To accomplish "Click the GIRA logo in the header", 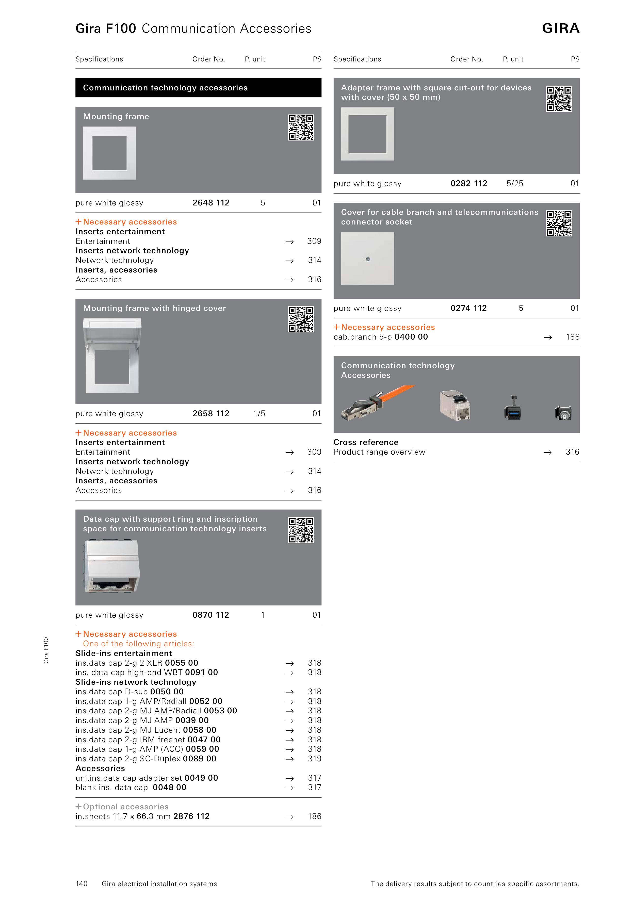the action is [x=561, y=28].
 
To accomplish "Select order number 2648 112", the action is [x=211, y=203].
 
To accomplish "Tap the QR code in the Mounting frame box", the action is [x=301, y=127].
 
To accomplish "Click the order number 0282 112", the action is [x=469, y=184].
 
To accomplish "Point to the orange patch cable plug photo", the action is [x=377, y=402].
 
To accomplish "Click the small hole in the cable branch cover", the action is [x=368, y=259].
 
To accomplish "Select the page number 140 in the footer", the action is [x=82, y=884].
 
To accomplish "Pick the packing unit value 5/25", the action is [x=515, y=184].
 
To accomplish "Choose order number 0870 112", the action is [x=211, y=615].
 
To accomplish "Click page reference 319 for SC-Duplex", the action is [x=314, y=759].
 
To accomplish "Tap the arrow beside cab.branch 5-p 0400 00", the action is [x=548, y=337].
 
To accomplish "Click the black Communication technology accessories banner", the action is [x=199, y=88].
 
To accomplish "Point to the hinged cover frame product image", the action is [x=112, y=356].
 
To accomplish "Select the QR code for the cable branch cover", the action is [x=559, y=223].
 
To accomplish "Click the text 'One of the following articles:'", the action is [x=139, y=644].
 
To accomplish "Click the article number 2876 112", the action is [x=191, y=816].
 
